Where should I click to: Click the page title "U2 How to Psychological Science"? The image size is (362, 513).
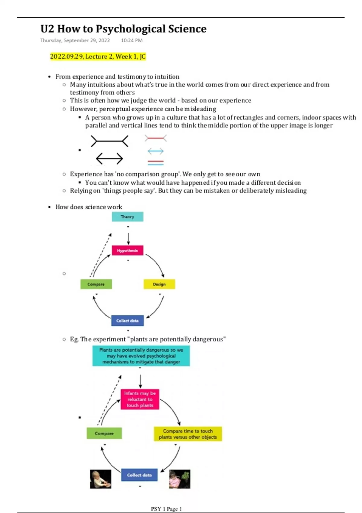(x=123, y=29)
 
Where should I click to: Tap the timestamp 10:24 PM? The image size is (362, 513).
(x=132, y=40)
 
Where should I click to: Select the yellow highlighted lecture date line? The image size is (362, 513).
(x=98, y=56)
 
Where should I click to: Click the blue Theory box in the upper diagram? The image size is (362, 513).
(x=127, y=217)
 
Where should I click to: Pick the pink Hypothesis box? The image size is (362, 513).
(x=127, y=250)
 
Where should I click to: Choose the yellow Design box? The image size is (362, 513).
(x=159, y=284)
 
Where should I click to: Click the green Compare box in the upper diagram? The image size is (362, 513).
(x=96, y=284)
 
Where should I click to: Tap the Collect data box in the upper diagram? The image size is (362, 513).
(x=127, y=321)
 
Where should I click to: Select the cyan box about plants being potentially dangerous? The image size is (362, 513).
(x=141, y=356)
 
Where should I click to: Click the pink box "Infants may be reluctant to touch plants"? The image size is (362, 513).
(x=140, y=399)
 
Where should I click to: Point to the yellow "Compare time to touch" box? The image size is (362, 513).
(x=188, y=434)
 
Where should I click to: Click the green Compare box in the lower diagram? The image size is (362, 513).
(x=104, y=433)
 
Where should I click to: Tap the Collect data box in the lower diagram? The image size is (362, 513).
(x=139, y=475)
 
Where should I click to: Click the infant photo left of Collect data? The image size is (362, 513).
(x=100, y=479)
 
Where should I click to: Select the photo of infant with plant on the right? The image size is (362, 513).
(x=179, y=479)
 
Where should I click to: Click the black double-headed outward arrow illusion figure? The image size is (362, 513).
(x=109, y=158)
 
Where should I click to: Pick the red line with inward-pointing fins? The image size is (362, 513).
(x=155, y=138)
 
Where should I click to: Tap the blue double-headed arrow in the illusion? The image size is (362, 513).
(x=155, y=151)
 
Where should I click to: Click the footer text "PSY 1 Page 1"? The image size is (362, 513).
(x=166, y=509)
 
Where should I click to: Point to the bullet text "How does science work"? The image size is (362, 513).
(x=89, y=207)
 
